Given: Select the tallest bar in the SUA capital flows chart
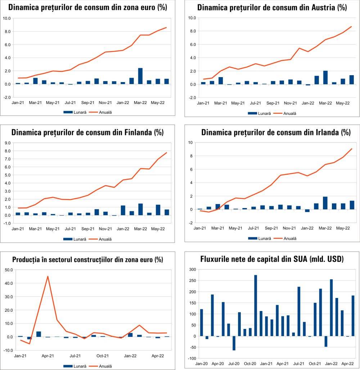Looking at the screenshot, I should [x=256, y=306].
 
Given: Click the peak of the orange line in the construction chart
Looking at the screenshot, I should [x=48, y=276].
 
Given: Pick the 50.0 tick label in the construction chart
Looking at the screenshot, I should [x=8, y=270].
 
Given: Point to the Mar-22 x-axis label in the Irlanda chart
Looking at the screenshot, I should [x=325, y=228].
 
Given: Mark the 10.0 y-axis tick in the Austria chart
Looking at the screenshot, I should [x=192, y=18].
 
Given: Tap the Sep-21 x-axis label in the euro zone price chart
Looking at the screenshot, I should [x=88, y=103].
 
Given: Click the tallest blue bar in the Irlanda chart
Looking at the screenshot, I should [x=325, y=203].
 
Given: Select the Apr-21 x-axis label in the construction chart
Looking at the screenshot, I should [x=48, y=356].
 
